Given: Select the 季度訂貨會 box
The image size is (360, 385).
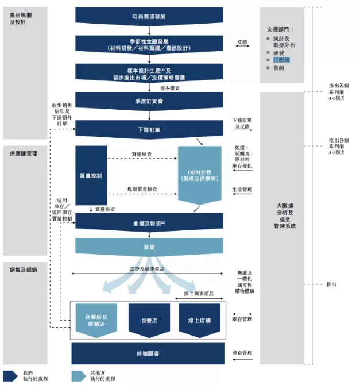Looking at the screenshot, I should tap(149, 100).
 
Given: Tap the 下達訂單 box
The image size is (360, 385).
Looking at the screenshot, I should tap(149, 129).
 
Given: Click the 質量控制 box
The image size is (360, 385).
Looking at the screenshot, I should tap(91, 175).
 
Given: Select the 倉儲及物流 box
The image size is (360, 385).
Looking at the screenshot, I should tap(149, 222).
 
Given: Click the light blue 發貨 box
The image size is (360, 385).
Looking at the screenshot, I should tap(149, 246).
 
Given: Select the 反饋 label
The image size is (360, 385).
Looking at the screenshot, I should tap(242, 42).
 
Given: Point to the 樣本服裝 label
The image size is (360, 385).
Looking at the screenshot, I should tap(170, 88).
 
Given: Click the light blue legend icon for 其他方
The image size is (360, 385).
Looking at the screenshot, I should tap(79, 376).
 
